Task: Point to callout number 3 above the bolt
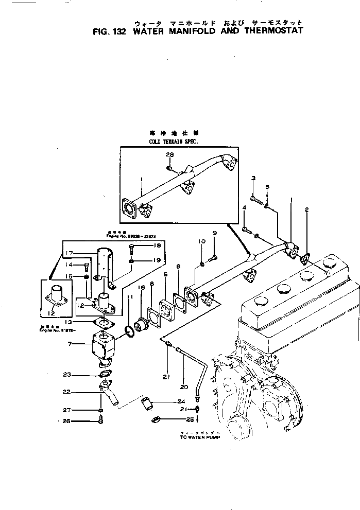(x=253, y=178)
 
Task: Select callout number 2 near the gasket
(x=306, y=209)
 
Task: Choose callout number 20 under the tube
(x=184, y=386)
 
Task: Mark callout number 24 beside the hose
(x=181, y=401)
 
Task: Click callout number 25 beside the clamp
(x=181, y=419)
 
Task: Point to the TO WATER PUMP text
(x=200, y=436)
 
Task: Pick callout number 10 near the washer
(x=201, y=241)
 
